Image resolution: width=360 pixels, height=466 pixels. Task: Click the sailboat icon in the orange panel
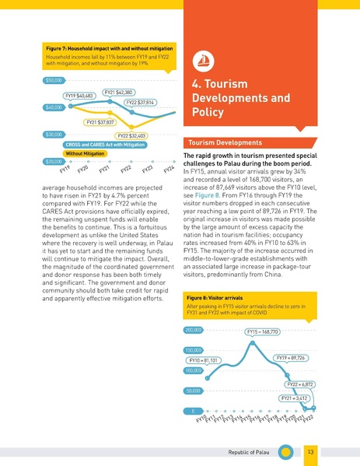tap(203, 61)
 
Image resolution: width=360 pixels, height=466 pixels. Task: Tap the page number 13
tap(310, 452)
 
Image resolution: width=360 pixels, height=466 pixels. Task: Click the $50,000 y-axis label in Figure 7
tap(54, 81)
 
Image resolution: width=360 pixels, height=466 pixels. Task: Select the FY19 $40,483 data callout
tap(79, 96)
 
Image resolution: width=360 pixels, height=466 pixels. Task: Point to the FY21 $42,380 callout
tap(119, 93)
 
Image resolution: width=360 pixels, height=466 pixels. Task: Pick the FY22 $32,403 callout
tap(131, 136)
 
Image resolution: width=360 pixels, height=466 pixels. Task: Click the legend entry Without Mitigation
tap(85, 154)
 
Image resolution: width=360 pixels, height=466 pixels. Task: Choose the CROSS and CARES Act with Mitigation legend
tap(105, 145)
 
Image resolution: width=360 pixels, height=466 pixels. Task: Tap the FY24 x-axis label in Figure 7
tap(169, 170)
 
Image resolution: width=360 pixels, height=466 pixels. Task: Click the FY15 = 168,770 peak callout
tap(263, 331)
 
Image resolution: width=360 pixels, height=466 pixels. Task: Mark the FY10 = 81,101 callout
tap(204, 360)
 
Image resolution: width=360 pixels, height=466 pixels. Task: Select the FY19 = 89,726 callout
tap(291, 358)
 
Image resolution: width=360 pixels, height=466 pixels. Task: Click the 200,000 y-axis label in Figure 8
tap(194, 330)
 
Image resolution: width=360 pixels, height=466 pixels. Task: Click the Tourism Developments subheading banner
tap(250, 142)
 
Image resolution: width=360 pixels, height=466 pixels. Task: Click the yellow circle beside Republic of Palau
tap(285, 452)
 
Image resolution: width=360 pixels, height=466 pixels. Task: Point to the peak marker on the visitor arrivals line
tap(253, 343)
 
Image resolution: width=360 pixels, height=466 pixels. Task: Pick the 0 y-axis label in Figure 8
tap(194, 411)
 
